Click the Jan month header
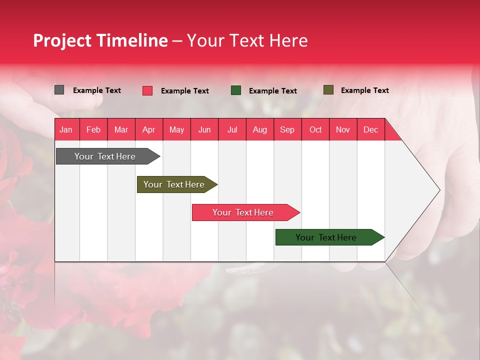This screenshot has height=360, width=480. coord(66,129)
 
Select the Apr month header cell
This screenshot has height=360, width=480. coord(149,129)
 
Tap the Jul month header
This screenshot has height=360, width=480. coord(232,129)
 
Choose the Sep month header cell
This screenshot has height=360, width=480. coord(287,129)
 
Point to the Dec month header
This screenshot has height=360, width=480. coord(370,129)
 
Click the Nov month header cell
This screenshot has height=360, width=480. coord(343,129)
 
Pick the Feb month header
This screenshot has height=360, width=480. coord(93,129)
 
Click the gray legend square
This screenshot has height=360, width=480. coord(59,90)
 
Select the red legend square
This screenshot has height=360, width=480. coord(147,90)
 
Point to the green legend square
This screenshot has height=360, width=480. coord(236,90)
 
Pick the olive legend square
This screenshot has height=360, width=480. coord(328,90)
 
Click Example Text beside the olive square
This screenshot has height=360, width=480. coord(364,90)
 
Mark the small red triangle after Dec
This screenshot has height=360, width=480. coord(391,133)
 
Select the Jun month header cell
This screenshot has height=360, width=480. coord(204,129)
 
